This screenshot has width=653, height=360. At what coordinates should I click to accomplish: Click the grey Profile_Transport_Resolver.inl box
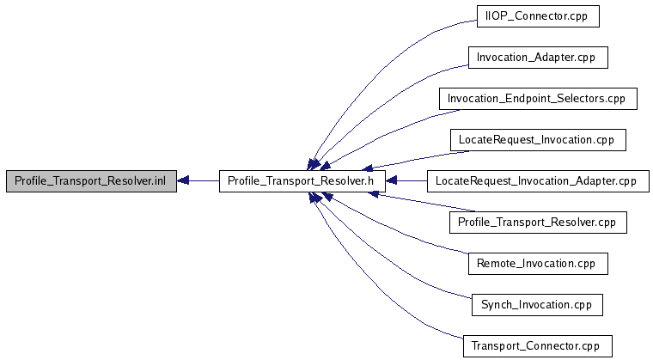tap(91, 181)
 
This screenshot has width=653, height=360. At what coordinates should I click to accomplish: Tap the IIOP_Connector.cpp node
tap(537, 16)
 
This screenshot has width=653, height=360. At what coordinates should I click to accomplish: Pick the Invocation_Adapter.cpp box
tap(537, 58)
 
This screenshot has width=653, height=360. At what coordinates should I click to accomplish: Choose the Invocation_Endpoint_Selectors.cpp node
tap(537, 99)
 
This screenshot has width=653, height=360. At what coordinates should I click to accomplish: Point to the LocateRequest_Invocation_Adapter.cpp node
tap(537, 181)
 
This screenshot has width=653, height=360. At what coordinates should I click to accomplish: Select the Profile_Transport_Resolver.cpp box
tap(537, 223)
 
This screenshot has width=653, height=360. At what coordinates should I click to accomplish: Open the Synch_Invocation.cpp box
tap(537, 305)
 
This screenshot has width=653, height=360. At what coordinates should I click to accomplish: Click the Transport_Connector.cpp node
tap(537, 346)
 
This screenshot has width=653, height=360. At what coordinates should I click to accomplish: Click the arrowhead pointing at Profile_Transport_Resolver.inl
tap(184, 181)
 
